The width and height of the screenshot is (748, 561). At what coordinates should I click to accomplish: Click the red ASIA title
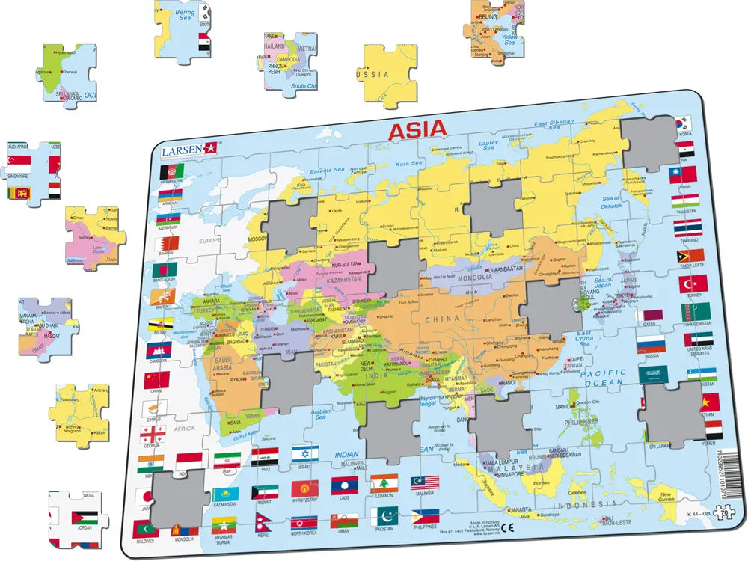coord(417,129)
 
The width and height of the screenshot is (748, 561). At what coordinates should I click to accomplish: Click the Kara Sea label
coord(408,163)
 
